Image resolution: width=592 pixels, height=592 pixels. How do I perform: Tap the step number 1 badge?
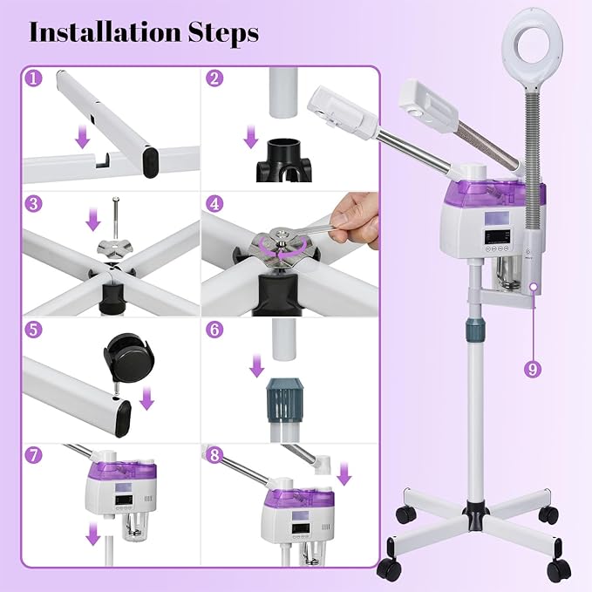(34, 78)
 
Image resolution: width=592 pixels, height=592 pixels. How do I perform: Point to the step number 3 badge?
(34, 205)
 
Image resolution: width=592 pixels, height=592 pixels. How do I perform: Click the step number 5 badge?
(34, 330)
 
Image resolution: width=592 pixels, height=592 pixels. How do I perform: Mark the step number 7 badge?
(34, 456)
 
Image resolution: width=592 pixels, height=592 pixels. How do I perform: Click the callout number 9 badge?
(533, 369)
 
